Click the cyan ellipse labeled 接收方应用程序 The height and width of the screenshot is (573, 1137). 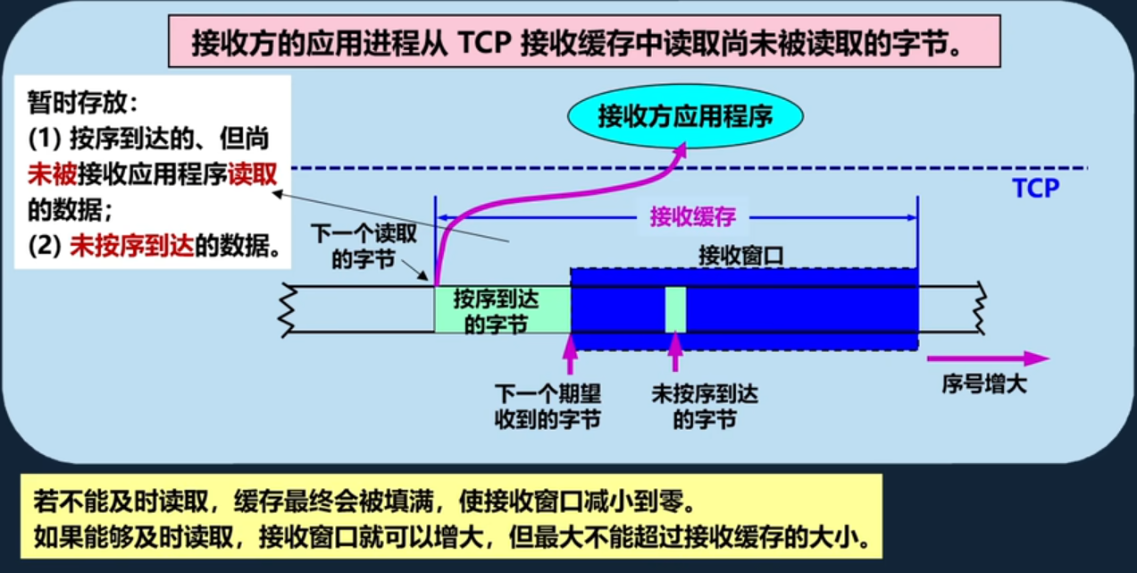(x=685, y=116)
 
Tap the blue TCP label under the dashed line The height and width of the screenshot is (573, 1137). (x=1035, y=189)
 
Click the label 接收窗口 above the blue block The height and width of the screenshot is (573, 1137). (x=740, y=255)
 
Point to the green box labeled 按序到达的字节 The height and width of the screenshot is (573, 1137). (x=501, y=310)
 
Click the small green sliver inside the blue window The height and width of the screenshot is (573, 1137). (x=675, y=309)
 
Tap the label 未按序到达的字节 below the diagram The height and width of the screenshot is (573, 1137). (x=705, y=407)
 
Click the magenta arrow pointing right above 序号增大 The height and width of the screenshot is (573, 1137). (x=987, y=358)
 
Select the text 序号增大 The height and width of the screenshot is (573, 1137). (x=984, y=385)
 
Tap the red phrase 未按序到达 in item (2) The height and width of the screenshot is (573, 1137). (x=131, y=247)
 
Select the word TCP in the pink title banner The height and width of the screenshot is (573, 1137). (x=487, y=43)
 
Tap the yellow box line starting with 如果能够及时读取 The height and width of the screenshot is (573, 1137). (x=451, y=538)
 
